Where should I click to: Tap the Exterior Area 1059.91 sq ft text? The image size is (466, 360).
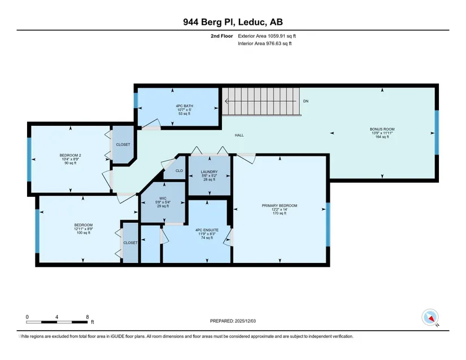click(267, 36)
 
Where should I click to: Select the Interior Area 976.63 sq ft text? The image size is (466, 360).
click(265, 43)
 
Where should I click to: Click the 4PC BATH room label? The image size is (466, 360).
click(184, 106)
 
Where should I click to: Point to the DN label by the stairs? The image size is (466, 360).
click(306, 101)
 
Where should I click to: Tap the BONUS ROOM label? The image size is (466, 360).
click(382, 129)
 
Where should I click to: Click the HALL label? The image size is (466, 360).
click(239, 135)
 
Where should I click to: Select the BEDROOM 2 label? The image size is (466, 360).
click(71, 155)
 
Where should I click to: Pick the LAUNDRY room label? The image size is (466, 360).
click(209, 172)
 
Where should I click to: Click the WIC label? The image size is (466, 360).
click(163, 199)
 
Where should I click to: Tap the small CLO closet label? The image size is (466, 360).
click(179, 171)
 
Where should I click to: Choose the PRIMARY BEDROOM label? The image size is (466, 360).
click(280, 205)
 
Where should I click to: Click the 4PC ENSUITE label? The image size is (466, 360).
click(207, 230)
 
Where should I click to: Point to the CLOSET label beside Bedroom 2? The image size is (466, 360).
click(123, 144)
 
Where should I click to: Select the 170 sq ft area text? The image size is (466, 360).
click(280, 213)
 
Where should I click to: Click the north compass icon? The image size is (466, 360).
click(430, 317)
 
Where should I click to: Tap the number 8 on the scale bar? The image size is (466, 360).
click(88, 317)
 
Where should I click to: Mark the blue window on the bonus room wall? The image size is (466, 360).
click(437, 133)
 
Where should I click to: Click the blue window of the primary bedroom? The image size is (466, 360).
click(328, 225)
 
